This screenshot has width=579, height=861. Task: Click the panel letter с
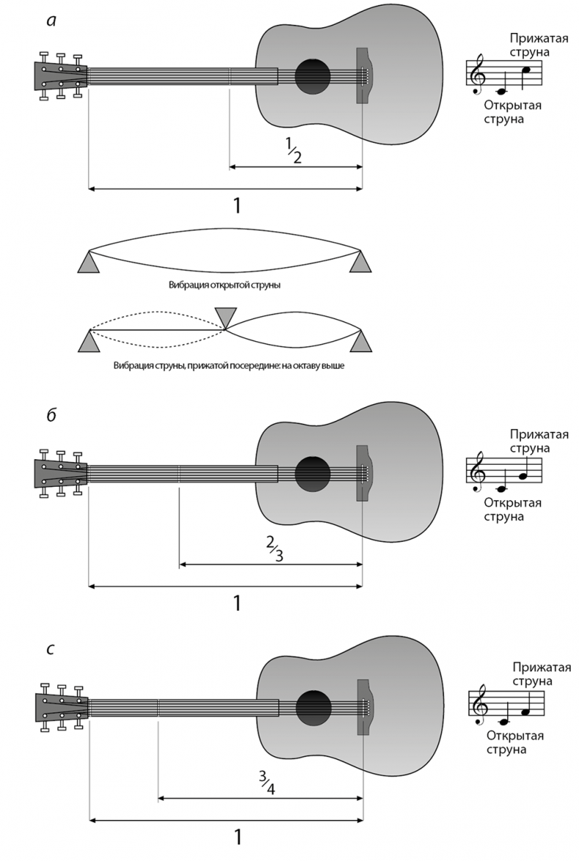(50, 648)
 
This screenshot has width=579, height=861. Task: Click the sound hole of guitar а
(313, 75)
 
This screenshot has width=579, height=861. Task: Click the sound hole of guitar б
(313, 474)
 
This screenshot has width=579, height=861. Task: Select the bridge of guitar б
(362, 473)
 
